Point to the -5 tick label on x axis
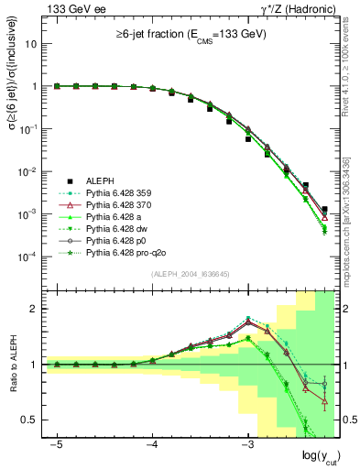pyautogui.click(x=56, y=444)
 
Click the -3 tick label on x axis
pyautogui.click(x=246, y=444)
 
